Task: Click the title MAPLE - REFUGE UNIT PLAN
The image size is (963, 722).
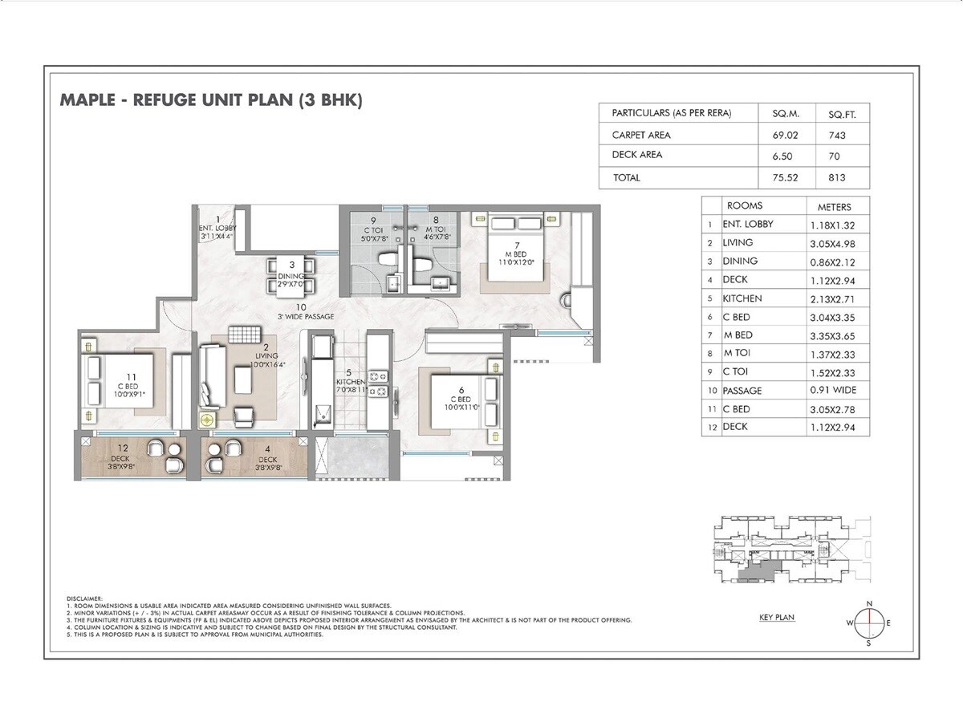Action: pos(212,100)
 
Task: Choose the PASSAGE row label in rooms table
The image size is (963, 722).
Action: pos(742,391)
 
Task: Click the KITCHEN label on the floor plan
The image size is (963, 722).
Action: pos(350,382)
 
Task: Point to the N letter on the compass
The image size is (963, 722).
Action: pos(868,603)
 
